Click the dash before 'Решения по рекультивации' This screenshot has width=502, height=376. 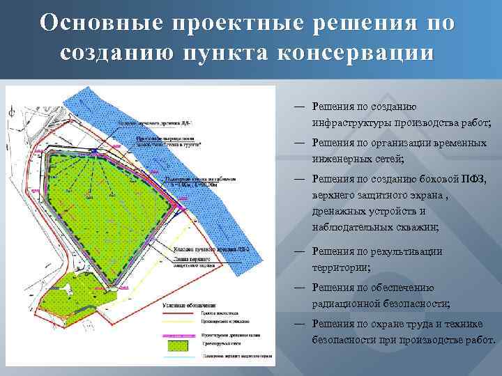(x=298, y=250)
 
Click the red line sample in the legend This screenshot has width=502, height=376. (x=178, y=314)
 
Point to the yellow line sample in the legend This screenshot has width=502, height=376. (x=178, y=323)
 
